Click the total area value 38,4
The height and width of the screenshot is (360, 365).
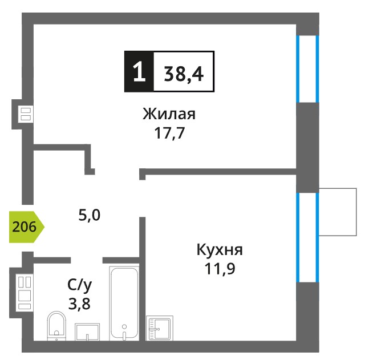pos(184,74)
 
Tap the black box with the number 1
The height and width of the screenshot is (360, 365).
pos(139,71)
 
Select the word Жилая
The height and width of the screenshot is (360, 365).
pos(169,114)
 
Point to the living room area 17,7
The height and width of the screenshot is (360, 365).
pos(169,134)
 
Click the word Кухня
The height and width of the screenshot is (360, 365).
pos(220,250)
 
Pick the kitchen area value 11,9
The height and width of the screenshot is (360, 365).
pos(220,269)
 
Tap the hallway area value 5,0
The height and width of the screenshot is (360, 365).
pos(90,215)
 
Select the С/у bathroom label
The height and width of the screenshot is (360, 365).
pos(80,285)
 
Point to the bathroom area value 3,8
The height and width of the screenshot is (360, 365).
pos(79,304)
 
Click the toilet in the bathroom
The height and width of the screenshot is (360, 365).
pos(56,326)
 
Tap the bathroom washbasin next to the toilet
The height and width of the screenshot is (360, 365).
pos(87,332)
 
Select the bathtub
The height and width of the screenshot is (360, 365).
pos(124,304)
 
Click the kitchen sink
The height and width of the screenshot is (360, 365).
pos(160,329)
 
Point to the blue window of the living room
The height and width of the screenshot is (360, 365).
pos(307,69)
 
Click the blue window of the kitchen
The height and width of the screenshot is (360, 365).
pos(307,237)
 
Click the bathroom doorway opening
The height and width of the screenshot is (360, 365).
pos(87,260)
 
